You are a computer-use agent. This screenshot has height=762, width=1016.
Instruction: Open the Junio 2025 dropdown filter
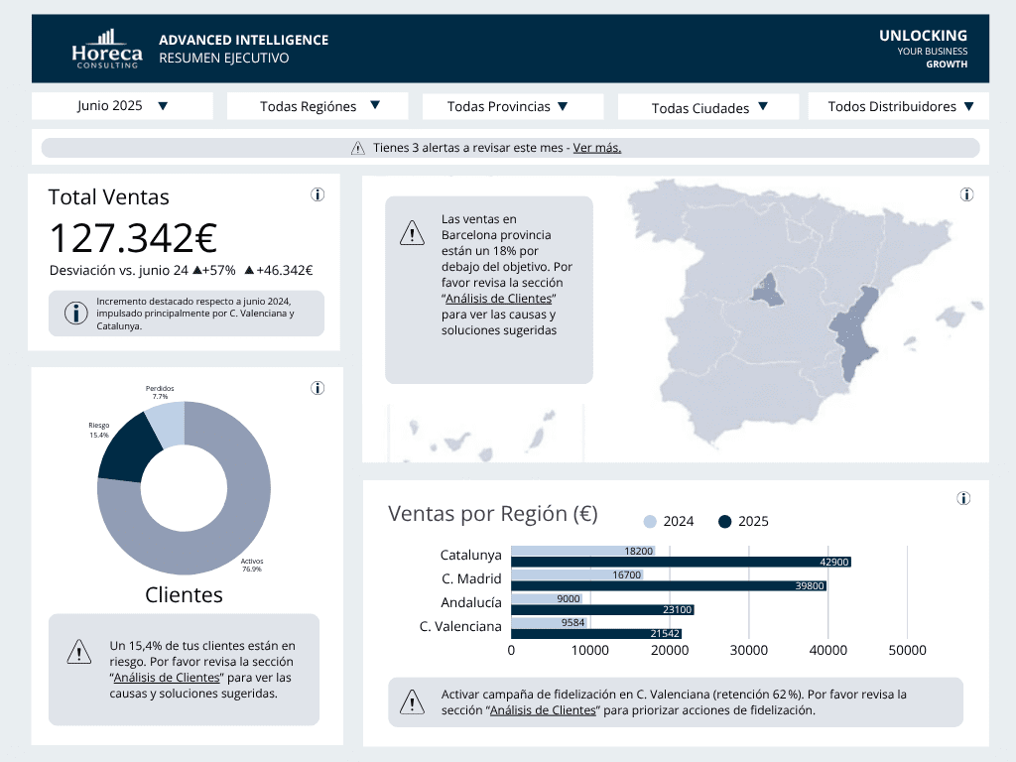[x=122, y=106]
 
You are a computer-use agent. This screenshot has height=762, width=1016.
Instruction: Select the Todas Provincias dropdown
[x=512, y=106]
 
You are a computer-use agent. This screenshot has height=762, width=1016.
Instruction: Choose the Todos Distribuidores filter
[x=899, y=106]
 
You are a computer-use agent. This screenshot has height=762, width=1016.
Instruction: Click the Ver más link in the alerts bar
[x=596, y=148]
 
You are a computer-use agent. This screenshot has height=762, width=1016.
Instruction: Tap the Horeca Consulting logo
[x=107, y=50]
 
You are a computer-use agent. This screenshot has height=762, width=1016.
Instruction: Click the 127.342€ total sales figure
[x=133, y=238]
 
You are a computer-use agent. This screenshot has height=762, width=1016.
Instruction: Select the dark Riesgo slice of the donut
[x=128, y=447]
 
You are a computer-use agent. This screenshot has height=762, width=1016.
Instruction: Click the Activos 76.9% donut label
[x=252, y=565]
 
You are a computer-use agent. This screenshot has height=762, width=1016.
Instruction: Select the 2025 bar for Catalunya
[x=681, y=563]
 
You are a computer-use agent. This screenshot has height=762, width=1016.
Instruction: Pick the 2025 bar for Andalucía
[x=602, y=610]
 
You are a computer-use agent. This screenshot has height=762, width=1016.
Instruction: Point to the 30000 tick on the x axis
[x=748, y=650]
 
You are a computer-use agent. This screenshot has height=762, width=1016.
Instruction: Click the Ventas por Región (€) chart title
[x=492, y=513]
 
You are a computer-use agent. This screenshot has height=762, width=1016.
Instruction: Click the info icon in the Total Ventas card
[x=317, y=195]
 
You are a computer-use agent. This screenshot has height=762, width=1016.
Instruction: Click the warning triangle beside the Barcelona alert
[x=412, y=235]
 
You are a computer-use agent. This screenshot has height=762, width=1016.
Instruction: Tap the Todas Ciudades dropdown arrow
[x=763, y=107]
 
